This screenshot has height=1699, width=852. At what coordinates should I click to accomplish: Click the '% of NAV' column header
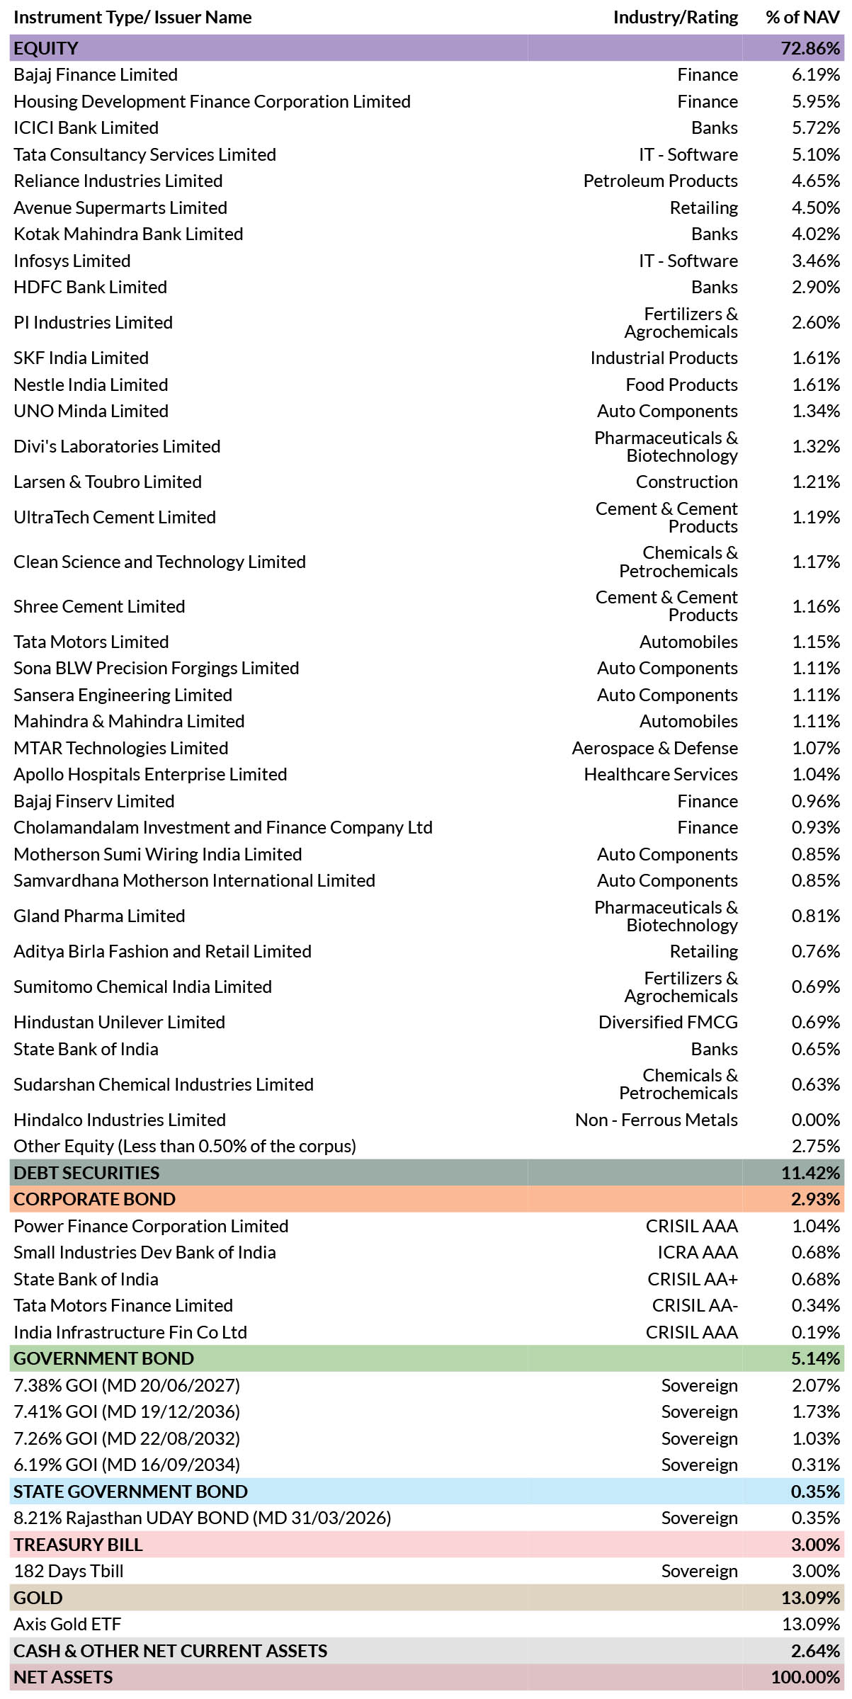[802, 18]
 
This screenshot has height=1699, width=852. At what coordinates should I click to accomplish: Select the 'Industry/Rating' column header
[676, 18]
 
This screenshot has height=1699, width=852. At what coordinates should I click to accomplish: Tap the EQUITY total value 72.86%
[810, 48]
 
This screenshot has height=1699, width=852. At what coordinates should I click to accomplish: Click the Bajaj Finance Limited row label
[96, 75]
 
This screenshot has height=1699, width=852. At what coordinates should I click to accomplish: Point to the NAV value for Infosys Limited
[816, 261]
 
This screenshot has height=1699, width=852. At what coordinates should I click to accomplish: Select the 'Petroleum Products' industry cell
[660, 181]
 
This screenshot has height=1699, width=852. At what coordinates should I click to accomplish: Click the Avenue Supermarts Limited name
[120, 208]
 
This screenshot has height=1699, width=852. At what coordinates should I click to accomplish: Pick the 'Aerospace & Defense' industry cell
[654, 748]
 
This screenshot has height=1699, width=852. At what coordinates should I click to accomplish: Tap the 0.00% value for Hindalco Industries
[816, 1120]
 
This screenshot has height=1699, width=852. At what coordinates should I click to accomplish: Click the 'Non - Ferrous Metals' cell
[656, 1120]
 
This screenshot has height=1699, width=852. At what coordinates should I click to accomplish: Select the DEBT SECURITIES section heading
[86, 1173]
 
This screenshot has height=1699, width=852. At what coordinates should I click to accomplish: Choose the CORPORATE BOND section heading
[94, 1199]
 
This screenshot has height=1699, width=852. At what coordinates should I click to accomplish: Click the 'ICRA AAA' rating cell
[697, 1252]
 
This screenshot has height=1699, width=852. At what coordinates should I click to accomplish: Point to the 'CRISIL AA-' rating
[695, 1305]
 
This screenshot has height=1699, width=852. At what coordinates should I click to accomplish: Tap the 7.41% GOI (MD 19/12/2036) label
[127, 1411]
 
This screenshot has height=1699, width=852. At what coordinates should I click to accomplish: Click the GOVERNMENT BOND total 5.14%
[816, 1358]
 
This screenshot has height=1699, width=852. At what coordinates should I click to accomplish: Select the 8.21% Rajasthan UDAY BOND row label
[203, 1518]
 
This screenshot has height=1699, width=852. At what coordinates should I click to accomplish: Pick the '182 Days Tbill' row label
[69, 1571]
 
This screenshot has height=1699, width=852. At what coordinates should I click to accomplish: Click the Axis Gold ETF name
[67, 1624]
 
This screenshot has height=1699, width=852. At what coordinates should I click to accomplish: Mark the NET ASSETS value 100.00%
[806, 1677]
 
